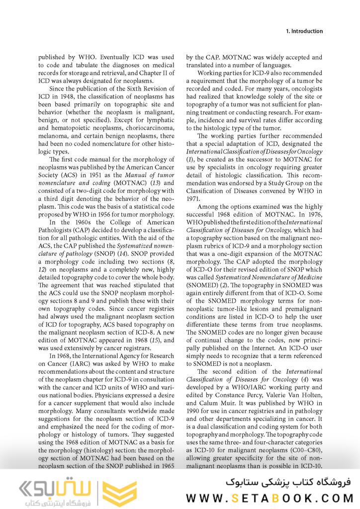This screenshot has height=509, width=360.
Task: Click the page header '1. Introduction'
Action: pyautogui.click(x=304, y=31)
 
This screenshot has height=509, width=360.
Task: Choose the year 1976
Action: pyautogui.click(x=314, y=214)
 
